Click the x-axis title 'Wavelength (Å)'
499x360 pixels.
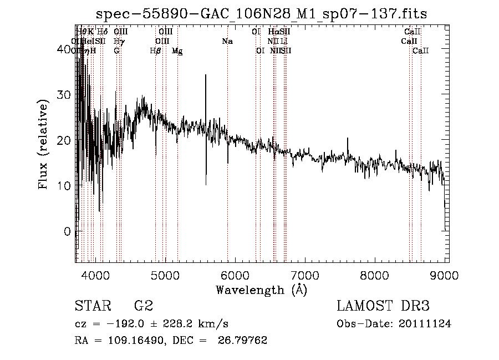coord(261,290)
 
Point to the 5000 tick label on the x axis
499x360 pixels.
coord(165,275)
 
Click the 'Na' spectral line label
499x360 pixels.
coord(227,42)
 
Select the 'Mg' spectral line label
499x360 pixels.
coord(177,51)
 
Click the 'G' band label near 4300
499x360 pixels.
coord(116,51)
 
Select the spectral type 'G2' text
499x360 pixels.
coord(144,307)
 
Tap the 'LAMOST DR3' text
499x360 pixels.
coord(383,307)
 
